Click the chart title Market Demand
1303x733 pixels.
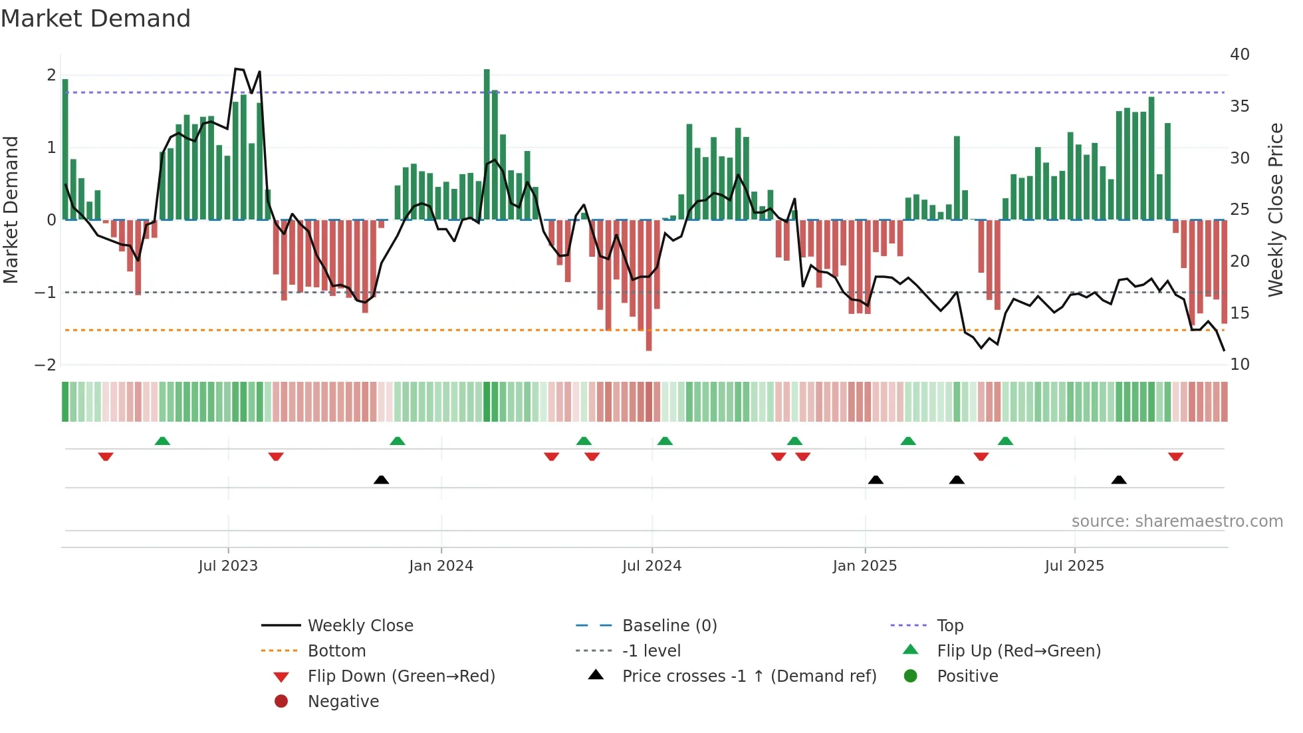click(x=96, y=19)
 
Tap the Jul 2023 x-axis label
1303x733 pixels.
click(x=227, y=566)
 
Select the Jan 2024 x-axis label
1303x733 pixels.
click(x=441, y=566)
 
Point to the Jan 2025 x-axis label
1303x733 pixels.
click(x=864, y=566)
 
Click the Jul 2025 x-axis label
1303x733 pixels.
click(x=1074, y=566)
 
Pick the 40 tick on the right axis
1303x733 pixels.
click(x=1239, y=55)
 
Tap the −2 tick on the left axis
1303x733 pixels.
click(x=45, y=365)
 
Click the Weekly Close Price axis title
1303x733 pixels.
click(x=1275, y=210)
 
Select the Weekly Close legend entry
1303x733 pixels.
click(x=360, y=626)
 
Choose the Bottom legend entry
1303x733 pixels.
click(x=336, y=651)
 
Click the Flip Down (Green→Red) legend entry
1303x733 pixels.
click(x=401, y=676)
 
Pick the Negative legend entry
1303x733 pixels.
click(x=343, y=702)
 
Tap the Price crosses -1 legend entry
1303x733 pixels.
click(x=749, y=676)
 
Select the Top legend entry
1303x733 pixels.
click(x=949, y=626)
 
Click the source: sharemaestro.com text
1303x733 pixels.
click(x=1177, y=521)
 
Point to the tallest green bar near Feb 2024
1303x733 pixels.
click(x=487, y=143)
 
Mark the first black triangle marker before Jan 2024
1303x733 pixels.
click(x=381, y=480)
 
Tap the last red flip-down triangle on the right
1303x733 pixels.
click(x=1175, y=456)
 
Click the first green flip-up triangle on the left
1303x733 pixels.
click(x=162, y=440)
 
